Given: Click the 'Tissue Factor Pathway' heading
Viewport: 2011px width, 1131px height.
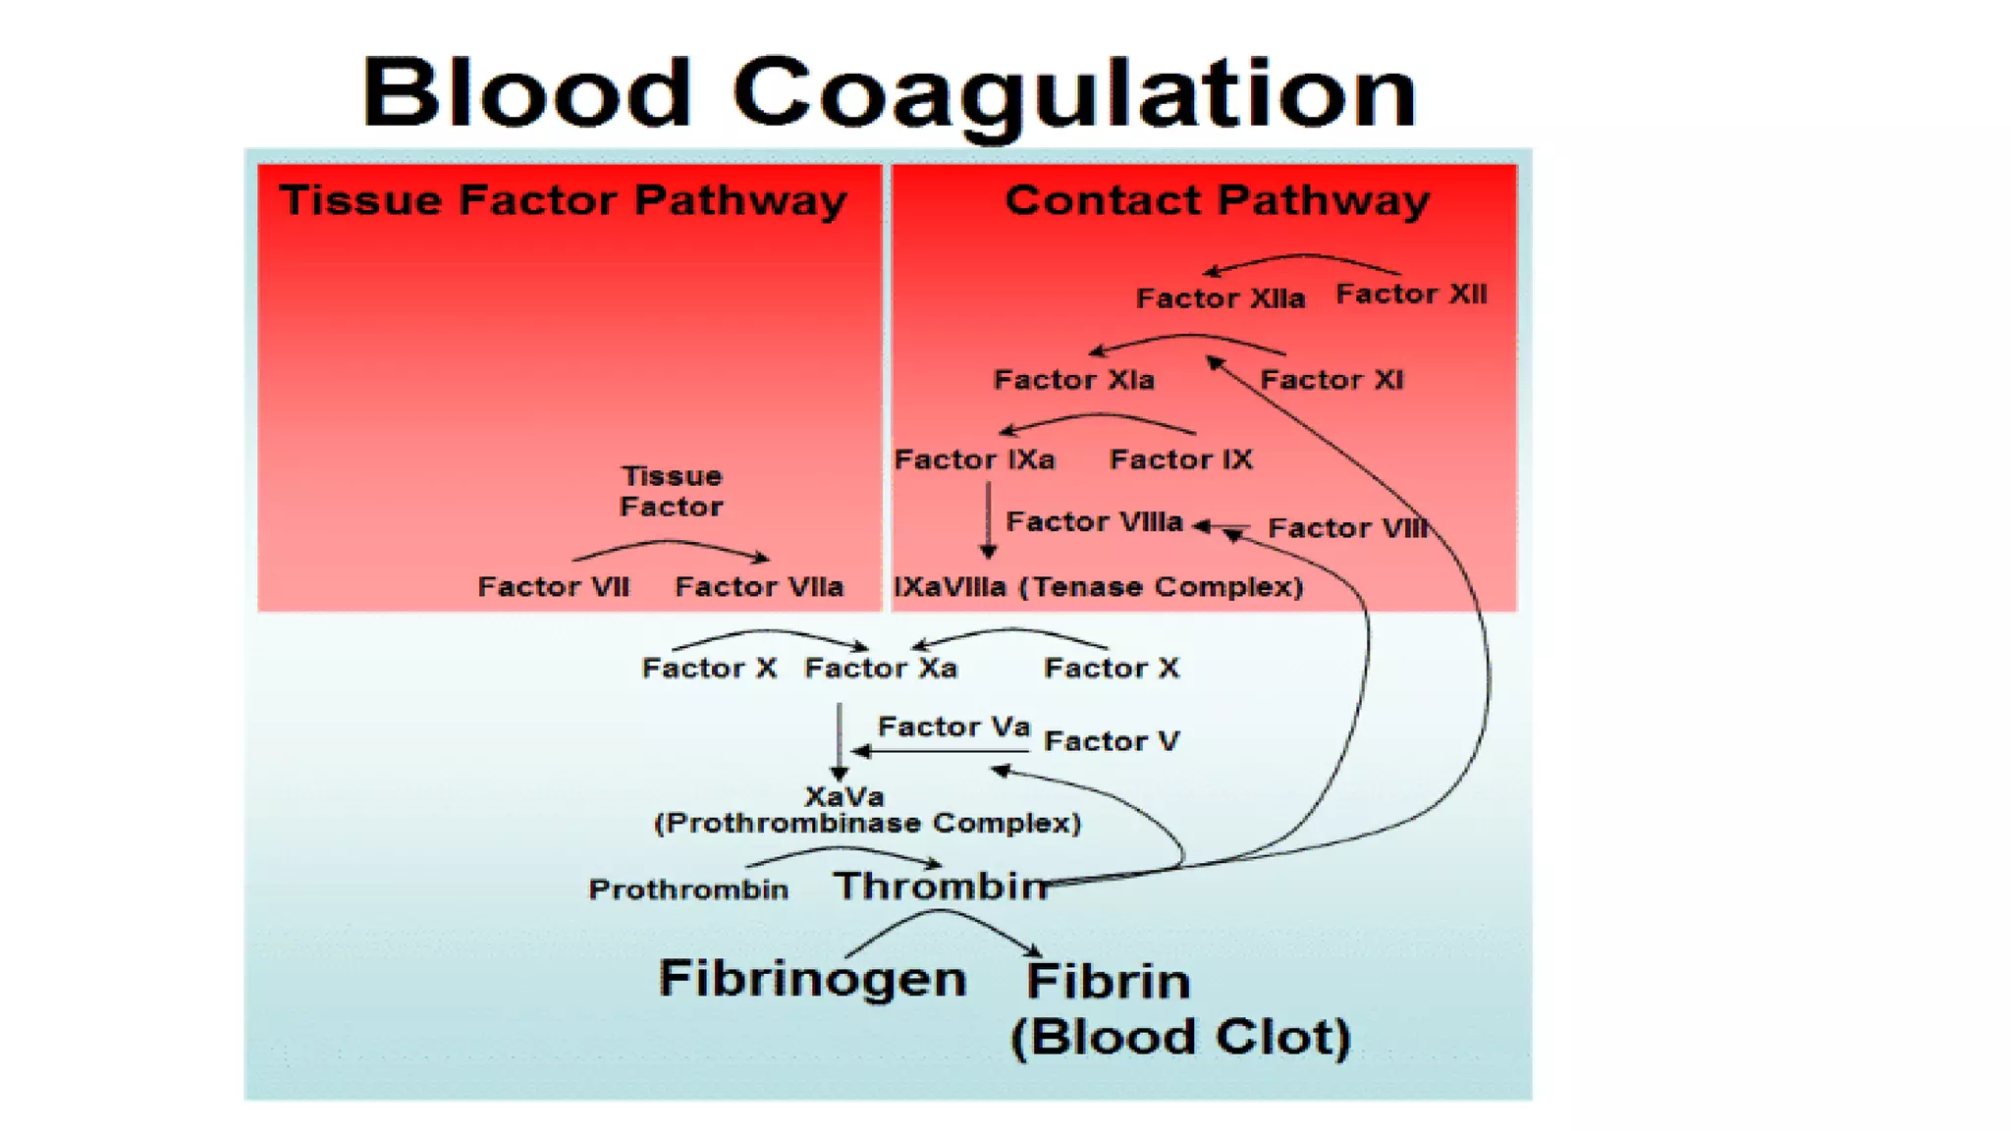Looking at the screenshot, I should click(x=564, y=200).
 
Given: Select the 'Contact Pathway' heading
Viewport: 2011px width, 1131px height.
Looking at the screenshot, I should click(x=1217, y=200).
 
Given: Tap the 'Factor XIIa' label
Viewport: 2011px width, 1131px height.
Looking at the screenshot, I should click(x=1221, y=298).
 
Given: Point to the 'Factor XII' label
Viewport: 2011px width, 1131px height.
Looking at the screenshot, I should click(x=1411, y=294).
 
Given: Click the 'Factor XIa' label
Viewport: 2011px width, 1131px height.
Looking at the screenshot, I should click(x=1074, y=380).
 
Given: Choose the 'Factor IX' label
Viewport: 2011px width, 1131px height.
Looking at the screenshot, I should click(x=1180, y=459).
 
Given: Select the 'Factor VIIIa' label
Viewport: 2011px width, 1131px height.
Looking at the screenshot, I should click(x=1094, y=521).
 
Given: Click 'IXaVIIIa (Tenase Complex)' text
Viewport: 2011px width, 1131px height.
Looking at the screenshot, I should click(x=1098, y=587).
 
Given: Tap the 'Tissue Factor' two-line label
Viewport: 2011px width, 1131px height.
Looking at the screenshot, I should click(x=672, y=491).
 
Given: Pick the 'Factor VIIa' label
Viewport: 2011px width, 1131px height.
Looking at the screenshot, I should click(x=759, y=587).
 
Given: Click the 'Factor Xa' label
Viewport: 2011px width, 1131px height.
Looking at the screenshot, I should click(x=881, y=669).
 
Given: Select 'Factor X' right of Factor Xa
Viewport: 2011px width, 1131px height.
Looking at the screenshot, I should click(x=1111, y=669).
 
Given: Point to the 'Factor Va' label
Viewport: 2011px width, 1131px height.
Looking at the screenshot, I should click(x=953, y=727).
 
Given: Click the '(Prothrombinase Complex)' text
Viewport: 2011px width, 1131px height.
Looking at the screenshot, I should click(x=868, y=823).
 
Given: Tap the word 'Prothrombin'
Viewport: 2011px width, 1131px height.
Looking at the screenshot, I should click(x=688, y=889).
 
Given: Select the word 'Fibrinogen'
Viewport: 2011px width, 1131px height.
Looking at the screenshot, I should click(x=812, y=979).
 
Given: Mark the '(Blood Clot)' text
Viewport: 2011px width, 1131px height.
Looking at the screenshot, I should click(x=1180, y=1037).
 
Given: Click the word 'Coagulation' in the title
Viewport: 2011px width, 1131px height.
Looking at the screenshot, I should click(x=1073, y=94).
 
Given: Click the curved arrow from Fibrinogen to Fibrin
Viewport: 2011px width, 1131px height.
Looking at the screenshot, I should click(x=940, y=913).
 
